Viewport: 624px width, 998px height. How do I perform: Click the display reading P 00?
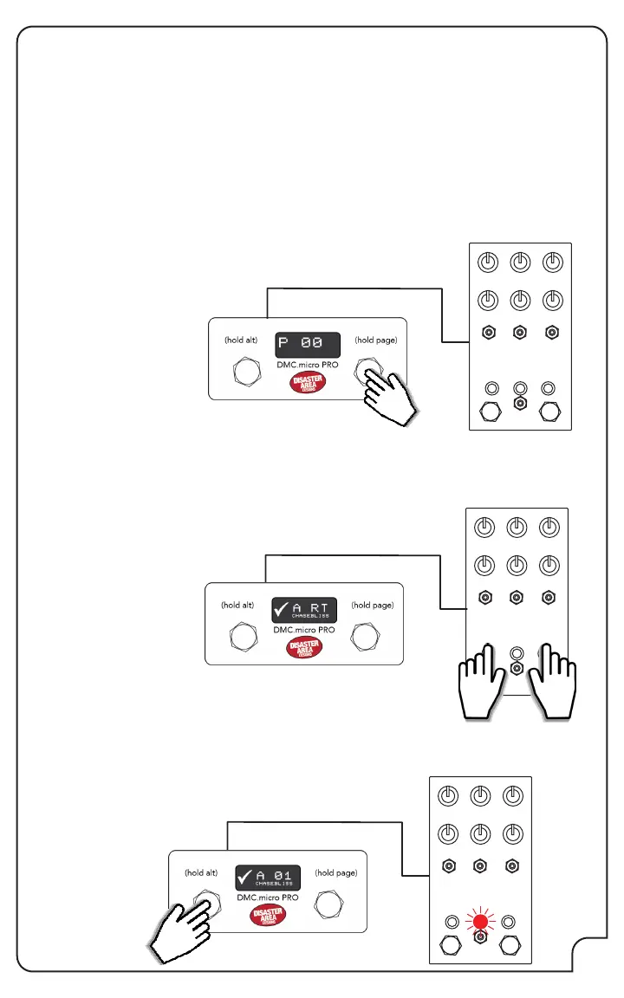pyautogui.click(x=307, y=346)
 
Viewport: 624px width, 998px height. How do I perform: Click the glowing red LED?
pyautogui.click(x=480, y=922)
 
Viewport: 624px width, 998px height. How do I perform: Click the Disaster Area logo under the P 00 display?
pyautogui.click(x=307, y=384)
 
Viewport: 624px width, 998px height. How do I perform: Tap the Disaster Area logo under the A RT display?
pyautogui.click(x=303, y=649)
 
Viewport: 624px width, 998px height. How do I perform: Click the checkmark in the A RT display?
pyautogui.click(x=280, y=609)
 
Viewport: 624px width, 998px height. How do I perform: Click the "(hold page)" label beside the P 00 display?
pyautogui.click(x=375, y=340)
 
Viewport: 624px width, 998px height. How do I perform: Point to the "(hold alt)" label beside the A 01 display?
pyautogui.click(x=201, y=873)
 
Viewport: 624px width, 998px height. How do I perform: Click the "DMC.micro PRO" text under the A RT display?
pyautogui.click(x=303, y=630)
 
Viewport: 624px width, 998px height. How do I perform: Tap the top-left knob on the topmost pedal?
pyautogui.click(x=488, y=262)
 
